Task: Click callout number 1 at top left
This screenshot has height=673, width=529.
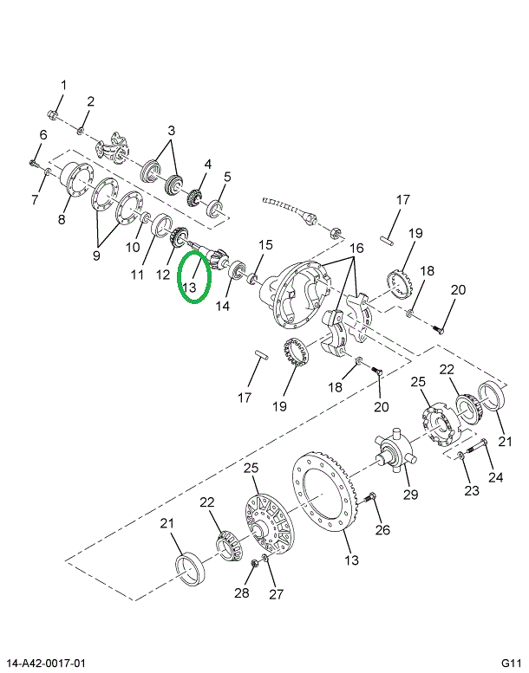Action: (62, 84)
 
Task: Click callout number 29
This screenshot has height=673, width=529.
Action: (410, 495)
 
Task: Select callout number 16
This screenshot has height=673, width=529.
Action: (355, 249)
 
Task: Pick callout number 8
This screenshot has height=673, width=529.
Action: (62, 219)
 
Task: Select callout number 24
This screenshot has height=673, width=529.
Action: (495, 476)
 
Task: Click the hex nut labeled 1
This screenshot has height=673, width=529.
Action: (54, 113)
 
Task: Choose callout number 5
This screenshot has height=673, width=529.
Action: (226, 177)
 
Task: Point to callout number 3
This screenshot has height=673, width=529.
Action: (172, 131)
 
